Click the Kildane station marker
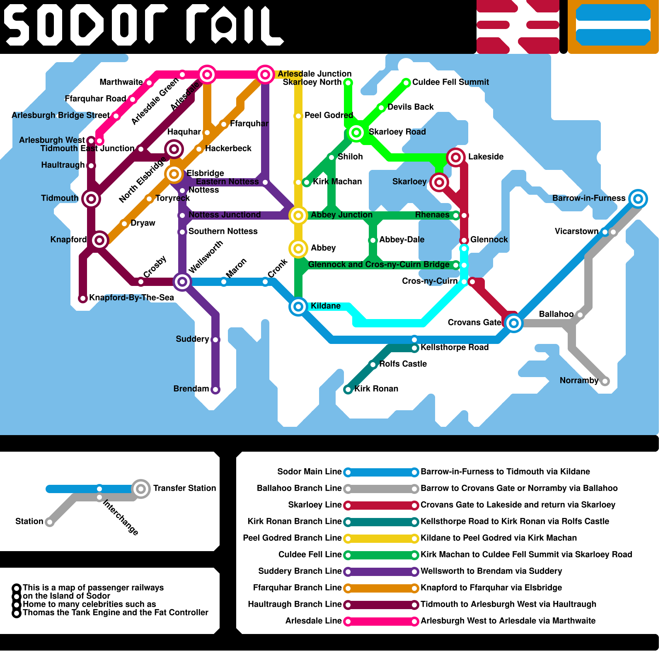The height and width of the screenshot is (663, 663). (x=298, y=307)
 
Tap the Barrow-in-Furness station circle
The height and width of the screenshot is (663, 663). (x=638, y=199)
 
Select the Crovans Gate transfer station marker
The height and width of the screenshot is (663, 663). (x=514, y=323)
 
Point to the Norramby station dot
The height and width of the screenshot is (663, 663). (x=605, y=381)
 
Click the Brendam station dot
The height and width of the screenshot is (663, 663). (x=215, y=390)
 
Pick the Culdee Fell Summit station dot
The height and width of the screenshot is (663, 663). (x=407, y=83)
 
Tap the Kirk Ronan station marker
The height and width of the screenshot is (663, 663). (x=348, y=390)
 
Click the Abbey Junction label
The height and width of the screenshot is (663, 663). (x=341, y=215)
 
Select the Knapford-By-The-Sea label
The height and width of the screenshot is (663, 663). (x=131, y=298)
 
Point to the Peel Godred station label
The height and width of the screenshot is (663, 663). (x=329, y=115)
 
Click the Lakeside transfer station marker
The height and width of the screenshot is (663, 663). (x=456, y=157)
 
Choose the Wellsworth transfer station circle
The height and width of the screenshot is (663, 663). (x=182, y=282)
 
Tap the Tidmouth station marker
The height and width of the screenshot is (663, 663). (x=91, y=199)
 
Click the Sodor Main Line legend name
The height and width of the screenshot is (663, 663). (x=309, y=472)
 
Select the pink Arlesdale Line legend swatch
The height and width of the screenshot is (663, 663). (x=381, y=621)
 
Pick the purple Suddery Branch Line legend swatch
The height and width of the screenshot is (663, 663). (x=381, y=571)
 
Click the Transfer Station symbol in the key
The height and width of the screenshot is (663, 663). (x=141, y=489)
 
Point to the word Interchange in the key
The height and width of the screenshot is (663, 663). (x=121, y=517)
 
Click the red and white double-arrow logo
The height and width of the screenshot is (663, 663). (x=518, y=27)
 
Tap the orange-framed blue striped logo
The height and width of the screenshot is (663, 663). (x=613, y=27)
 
